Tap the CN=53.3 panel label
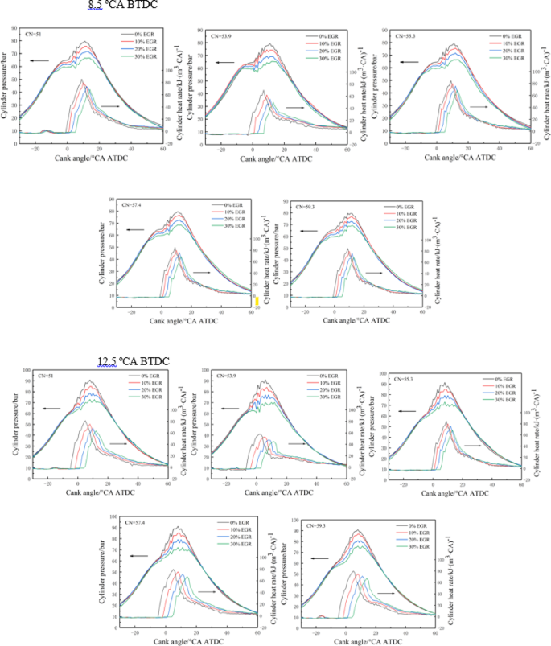[405, 36]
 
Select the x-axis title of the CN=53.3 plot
[458, 157]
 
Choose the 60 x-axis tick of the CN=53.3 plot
[530, 149]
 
